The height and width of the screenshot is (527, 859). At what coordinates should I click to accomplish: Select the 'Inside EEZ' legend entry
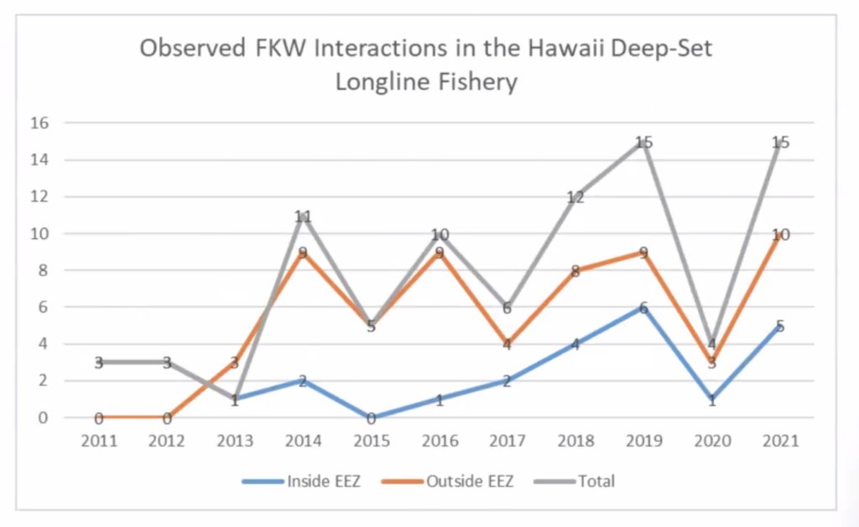tap(323, 481)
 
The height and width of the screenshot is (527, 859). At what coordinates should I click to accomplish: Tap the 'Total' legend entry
tap(595, 481)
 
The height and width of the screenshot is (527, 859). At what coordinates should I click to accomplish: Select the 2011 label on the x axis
tap(98, 441)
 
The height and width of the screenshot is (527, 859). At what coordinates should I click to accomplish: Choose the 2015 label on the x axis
tap(371, 441)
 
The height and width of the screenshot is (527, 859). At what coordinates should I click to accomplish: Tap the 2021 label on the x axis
tap(780, 441)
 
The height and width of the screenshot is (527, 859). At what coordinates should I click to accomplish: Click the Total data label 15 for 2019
tap(643, 143)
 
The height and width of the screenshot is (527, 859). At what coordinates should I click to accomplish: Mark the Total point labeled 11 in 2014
tap(303, 217)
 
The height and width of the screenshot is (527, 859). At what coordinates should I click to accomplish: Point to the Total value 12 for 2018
tap(575, 197)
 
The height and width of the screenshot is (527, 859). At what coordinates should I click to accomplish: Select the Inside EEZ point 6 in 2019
tap(643, 308)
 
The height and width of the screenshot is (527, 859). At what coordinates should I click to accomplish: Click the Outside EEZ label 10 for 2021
tap(780, 235)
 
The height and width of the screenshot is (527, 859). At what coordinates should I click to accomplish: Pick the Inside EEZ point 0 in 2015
tap(371, 418)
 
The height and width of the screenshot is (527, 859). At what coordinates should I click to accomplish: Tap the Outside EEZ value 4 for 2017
tap(508, 344)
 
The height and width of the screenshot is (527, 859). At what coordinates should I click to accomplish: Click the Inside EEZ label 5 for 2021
tap(780, 326)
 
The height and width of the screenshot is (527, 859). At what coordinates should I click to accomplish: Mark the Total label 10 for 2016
tap(440, 235)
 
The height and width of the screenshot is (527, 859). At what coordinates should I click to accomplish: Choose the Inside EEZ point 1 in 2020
tap(712, 400)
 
